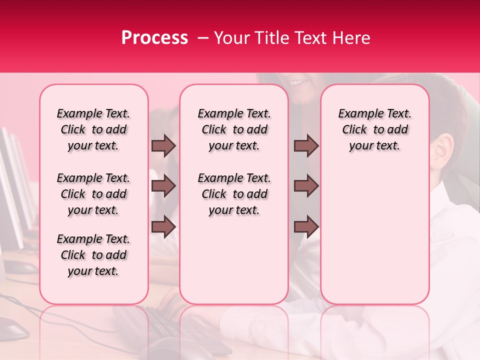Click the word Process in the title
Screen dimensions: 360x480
click(154, 38)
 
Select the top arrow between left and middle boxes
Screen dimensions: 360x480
click(163, 145)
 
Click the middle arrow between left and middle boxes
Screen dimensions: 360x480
click(163, 186)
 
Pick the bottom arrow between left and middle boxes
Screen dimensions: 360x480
click(163, 227)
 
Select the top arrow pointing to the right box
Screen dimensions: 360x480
click(306, 145)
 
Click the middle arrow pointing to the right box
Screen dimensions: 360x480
click(306, 186)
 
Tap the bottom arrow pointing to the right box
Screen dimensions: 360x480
click(306, 227)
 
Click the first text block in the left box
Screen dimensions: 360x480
click(93, 129)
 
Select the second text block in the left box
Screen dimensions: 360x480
click(93, 194)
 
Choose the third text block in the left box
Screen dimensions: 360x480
click(93, 255)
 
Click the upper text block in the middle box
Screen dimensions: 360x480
click(234, 129)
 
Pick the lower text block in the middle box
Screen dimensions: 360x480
click(234, 194)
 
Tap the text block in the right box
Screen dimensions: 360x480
click(374, 129)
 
